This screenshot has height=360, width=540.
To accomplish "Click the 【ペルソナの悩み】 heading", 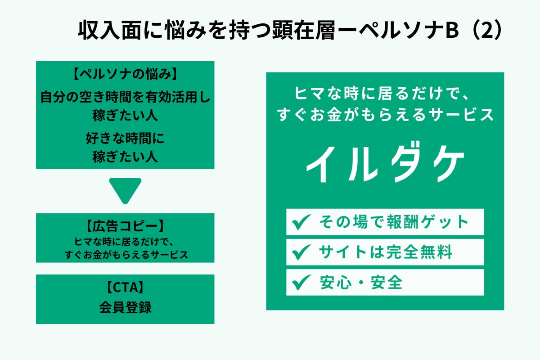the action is click(x=125, y=74).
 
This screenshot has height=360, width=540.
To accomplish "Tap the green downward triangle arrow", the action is click(x=125, y=190).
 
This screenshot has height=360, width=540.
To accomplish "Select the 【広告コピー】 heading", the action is click(x=125, y=226).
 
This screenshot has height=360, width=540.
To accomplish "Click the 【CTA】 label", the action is click(x=125, y=287).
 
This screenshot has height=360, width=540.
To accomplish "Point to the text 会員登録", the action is click(x=125, y=307).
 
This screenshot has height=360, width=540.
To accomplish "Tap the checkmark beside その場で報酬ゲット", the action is click(x=301, y=222).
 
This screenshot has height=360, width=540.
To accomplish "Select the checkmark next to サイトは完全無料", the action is click(x=301, y=252).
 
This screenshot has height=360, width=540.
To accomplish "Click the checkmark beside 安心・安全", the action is click(x=301, y=282).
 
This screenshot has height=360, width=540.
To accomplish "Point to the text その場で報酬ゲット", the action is click(x=394, y=222).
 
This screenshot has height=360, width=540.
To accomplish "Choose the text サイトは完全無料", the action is click(x=386, y=252).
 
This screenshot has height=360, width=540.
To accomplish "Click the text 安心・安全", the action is click(x=361, y=282).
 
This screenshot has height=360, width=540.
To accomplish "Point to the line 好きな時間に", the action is click(x=125, y=138).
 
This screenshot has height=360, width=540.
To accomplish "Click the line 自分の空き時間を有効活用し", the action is click(x=125, y=97).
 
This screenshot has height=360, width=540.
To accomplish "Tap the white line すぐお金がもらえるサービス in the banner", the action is click(x=385, y=115).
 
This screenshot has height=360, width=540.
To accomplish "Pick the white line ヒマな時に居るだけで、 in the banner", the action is click(x=382, y=93).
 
